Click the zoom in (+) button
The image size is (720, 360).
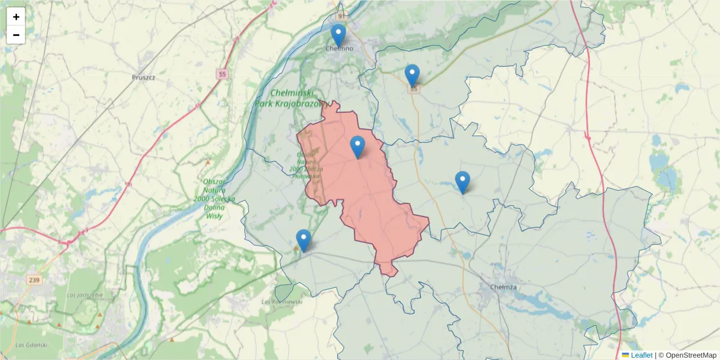(16, 17)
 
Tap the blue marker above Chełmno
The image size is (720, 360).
(338, 35)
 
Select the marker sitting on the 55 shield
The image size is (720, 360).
(412, 75)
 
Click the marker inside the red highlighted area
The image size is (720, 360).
(358, 146)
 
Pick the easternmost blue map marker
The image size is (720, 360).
(462, 182)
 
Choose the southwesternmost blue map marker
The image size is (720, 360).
(304, 240)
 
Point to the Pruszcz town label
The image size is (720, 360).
(143, 77)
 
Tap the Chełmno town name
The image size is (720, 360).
(339, 48)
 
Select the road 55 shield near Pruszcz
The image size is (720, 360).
(223, 74)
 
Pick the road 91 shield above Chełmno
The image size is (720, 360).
(341, 16)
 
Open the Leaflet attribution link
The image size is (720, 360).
(641, 355)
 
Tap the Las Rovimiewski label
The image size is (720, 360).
(283, 301)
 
